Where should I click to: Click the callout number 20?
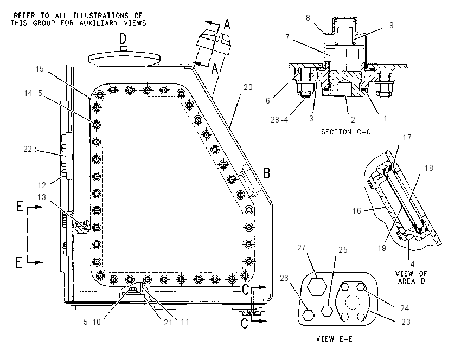click(248, 87)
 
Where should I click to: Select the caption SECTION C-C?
click(346, 132)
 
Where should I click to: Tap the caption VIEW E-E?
click(334, 339)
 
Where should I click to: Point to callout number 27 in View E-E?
click(302, 248)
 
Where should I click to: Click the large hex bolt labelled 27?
click(317, 286)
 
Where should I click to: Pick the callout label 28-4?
click(279, 120)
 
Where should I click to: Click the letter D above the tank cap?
click(123, 38)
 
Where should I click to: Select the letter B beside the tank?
click(266, 173)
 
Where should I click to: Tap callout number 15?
click(40, 69)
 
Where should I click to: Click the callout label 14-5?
click(33, 93)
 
